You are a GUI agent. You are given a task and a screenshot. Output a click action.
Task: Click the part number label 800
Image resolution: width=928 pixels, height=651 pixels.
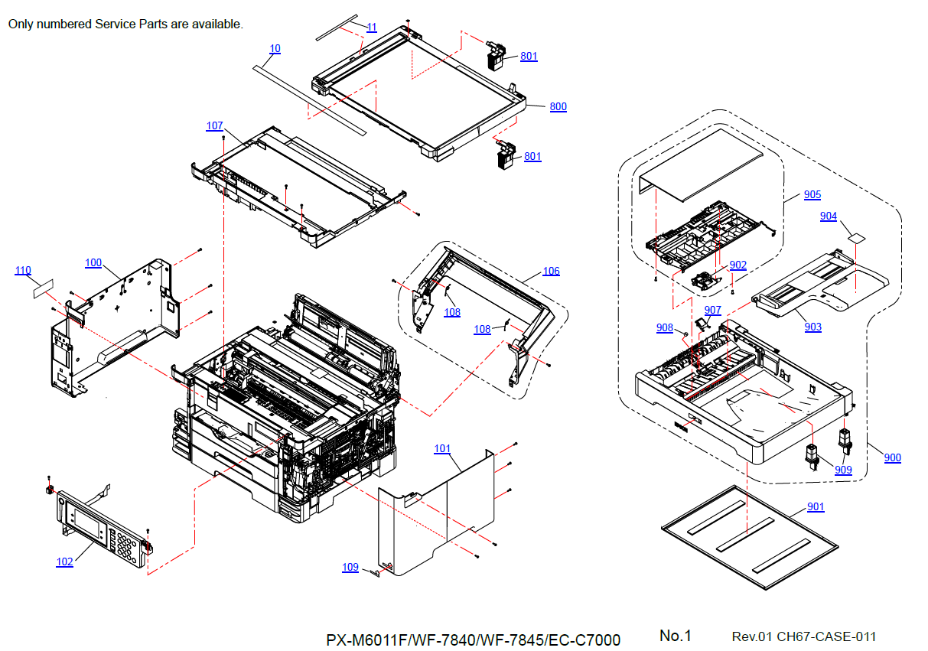pyautogui.click(x=558, y=106)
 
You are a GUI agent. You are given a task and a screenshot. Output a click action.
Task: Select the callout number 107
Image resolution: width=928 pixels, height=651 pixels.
pyautogui.click(x=215, y=125)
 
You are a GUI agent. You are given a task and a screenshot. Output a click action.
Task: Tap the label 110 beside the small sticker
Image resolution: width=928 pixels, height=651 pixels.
pyautogui.click(x=23, y=271)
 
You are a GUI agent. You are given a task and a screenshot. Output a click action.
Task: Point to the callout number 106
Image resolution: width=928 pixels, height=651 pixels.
pyautogui.click(x=551, y=272)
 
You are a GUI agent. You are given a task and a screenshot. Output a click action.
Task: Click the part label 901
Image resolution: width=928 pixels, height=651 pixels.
pyautogui.click(x=816, y=507)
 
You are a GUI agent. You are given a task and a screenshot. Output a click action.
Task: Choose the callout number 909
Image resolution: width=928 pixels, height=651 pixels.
pyautogui.click(x=843, y=470)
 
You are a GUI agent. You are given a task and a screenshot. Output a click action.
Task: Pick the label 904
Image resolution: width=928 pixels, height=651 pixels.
pyautogui.click(x=828, y=216)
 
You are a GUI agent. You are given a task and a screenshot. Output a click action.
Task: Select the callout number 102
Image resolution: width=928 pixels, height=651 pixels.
pyautogui.click(x=64, y=562)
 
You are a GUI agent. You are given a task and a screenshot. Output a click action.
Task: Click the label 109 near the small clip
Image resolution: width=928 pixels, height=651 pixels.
pyautogui.click(x=350, y=568)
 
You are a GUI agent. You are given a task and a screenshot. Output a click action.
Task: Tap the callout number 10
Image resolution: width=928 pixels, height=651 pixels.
pyautogui.click(x=275, y=49)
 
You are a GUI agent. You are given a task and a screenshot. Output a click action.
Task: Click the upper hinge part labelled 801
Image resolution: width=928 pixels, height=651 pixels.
pyautogui.click(x=496, y=56)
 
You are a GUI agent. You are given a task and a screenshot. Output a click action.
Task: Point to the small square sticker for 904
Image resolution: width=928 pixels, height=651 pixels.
pyautogui.click(x=856, y=238)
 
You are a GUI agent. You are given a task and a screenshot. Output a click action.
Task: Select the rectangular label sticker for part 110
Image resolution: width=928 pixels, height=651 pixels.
pyautogui.click(x=44, y=288)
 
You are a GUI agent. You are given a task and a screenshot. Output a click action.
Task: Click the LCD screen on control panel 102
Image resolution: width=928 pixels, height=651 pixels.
pyautogui.click(x=87, y=523)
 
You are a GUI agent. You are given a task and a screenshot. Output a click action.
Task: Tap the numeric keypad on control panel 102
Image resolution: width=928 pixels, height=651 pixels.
pyautogui.click(x=125, y=547)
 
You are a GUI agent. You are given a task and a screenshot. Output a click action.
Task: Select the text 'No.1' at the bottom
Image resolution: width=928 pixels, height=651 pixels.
pyautogui.click(x=676, y=636)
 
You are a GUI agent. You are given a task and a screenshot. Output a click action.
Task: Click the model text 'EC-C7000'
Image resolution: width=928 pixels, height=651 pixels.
pyautogui.click(x=584, y=640)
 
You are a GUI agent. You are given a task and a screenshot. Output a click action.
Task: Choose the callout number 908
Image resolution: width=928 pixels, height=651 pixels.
pyautogui.click(x=665, y=328)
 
